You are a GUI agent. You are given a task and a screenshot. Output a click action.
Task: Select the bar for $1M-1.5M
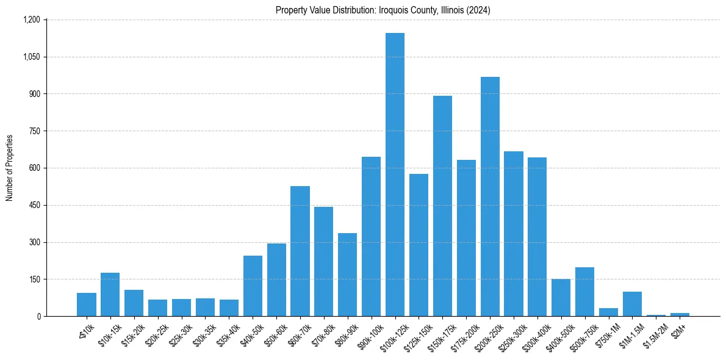coord(632,304)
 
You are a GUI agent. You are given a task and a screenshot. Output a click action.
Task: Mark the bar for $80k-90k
coord(347,275)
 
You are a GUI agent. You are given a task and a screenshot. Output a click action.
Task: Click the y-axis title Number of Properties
coord(10,168)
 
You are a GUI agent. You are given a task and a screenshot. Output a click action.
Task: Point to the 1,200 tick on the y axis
coord(31,20)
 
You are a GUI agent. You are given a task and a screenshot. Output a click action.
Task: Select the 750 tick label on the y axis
coord(34,131)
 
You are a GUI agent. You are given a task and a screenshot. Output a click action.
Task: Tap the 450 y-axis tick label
coord(34,205)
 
